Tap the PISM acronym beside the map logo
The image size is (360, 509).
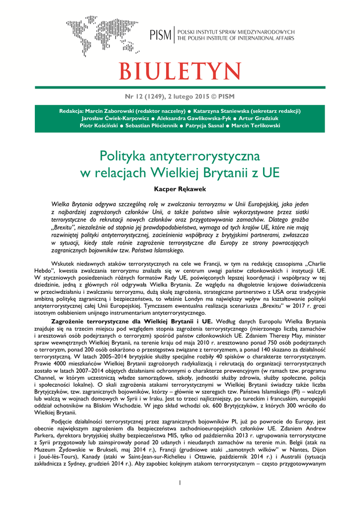160,35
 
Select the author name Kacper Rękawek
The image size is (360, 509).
180,189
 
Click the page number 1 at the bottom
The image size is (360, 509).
180,483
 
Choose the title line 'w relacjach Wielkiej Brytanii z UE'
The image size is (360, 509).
180,173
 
